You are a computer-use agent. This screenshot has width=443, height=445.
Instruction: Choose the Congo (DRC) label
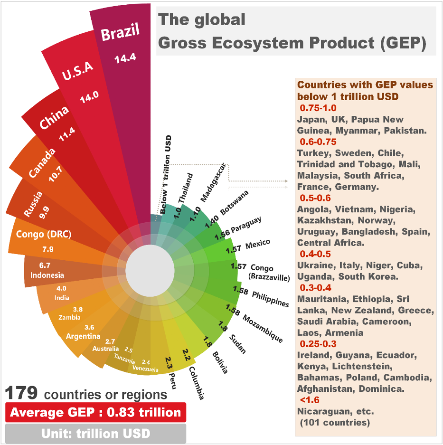43,234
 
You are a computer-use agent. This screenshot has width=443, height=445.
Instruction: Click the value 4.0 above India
62,288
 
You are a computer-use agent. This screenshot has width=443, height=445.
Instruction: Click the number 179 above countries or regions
21,393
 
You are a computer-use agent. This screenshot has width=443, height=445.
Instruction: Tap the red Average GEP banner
95,412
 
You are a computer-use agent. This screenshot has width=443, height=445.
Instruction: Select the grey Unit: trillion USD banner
95,433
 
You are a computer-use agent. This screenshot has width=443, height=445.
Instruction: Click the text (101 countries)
334,422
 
